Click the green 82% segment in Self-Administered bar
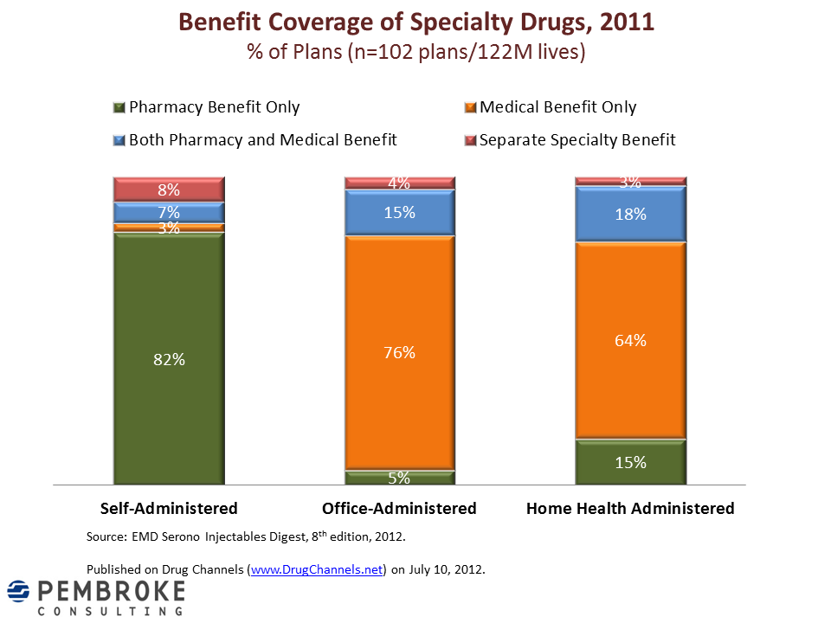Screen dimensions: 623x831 pos(169,358)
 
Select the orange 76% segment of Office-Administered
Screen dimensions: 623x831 pos(399,352)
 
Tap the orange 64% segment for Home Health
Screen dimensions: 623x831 pos(630,340)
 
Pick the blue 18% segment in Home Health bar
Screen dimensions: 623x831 pos(630,215)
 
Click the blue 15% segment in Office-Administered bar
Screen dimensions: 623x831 pos(399,213)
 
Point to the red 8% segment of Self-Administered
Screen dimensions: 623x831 pos(169,189)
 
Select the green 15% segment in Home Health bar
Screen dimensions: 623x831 pos(630,462)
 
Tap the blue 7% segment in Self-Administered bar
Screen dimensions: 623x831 pos(169,212)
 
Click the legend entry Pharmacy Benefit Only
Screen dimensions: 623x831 pos(213,107)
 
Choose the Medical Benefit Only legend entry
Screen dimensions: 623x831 pos(557,107)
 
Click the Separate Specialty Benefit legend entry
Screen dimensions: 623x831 pos(577,139)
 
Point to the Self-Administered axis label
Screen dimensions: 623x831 pos(169,508)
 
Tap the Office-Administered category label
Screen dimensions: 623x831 pos(399,508)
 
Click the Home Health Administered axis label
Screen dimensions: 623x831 pos(630,508)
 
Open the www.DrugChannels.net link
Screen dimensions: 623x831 pos(317,569)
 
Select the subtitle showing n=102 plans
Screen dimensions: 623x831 pos(415,52)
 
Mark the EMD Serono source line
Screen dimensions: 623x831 pos(246,536)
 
